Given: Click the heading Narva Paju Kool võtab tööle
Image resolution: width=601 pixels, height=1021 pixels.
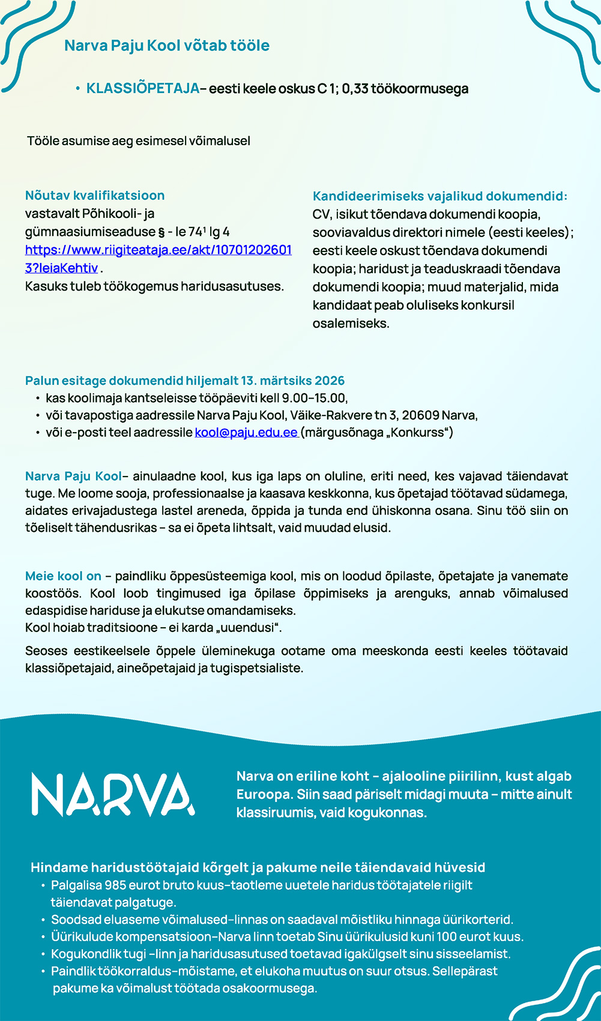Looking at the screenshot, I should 166,46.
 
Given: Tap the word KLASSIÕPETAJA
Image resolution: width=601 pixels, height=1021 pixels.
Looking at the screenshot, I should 142,89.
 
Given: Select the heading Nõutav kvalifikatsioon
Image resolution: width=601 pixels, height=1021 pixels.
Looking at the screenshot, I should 95,196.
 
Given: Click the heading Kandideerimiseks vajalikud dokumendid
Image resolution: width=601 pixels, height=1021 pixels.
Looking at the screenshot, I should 439,196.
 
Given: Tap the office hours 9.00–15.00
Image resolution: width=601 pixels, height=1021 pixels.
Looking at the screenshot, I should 314,398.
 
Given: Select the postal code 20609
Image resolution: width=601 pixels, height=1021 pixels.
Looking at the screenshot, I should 420,415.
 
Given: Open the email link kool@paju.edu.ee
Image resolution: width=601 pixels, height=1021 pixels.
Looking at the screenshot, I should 246,433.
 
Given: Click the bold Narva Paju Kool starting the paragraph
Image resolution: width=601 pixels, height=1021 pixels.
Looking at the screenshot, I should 73,477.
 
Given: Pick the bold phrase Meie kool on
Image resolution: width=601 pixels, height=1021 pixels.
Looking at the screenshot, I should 63,576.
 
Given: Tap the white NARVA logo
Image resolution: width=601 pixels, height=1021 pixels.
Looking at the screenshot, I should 113,794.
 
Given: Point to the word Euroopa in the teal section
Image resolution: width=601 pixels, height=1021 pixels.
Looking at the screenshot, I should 263,794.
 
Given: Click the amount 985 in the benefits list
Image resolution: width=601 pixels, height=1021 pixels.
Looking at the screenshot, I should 115,885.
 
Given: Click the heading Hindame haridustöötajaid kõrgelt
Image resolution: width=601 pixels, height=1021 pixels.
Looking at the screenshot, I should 258,867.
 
